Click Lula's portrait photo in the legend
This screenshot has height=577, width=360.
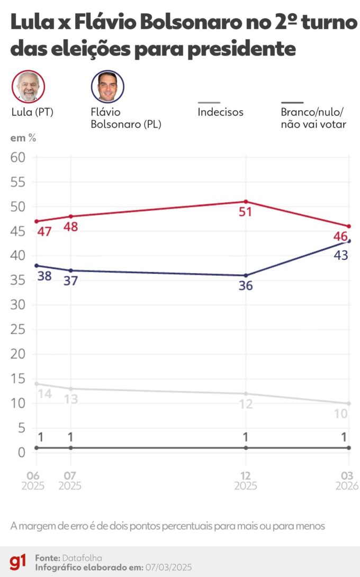28,86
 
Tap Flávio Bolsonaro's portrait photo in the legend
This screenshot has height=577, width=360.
107,86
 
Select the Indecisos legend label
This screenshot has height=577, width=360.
220,112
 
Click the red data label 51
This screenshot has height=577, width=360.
246,212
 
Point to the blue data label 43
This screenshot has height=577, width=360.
340,255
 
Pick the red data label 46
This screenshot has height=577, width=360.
340,236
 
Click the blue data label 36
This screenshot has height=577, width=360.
246,286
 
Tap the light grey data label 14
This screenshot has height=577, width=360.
44,394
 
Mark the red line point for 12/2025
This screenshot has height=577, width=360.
246,202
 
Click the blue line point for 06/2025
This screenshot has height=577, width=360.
35,266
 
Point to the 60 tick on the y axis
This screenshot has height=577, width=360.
17,158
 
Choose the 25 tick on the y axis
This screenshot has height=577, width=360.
17,329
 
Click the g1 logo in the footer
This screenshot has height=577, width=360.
17,562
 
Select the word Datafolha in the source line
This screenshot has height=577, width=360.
82,558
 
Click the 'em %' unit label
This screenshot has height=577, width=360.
23,138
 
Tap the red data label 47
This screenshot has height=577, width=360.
44,231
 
